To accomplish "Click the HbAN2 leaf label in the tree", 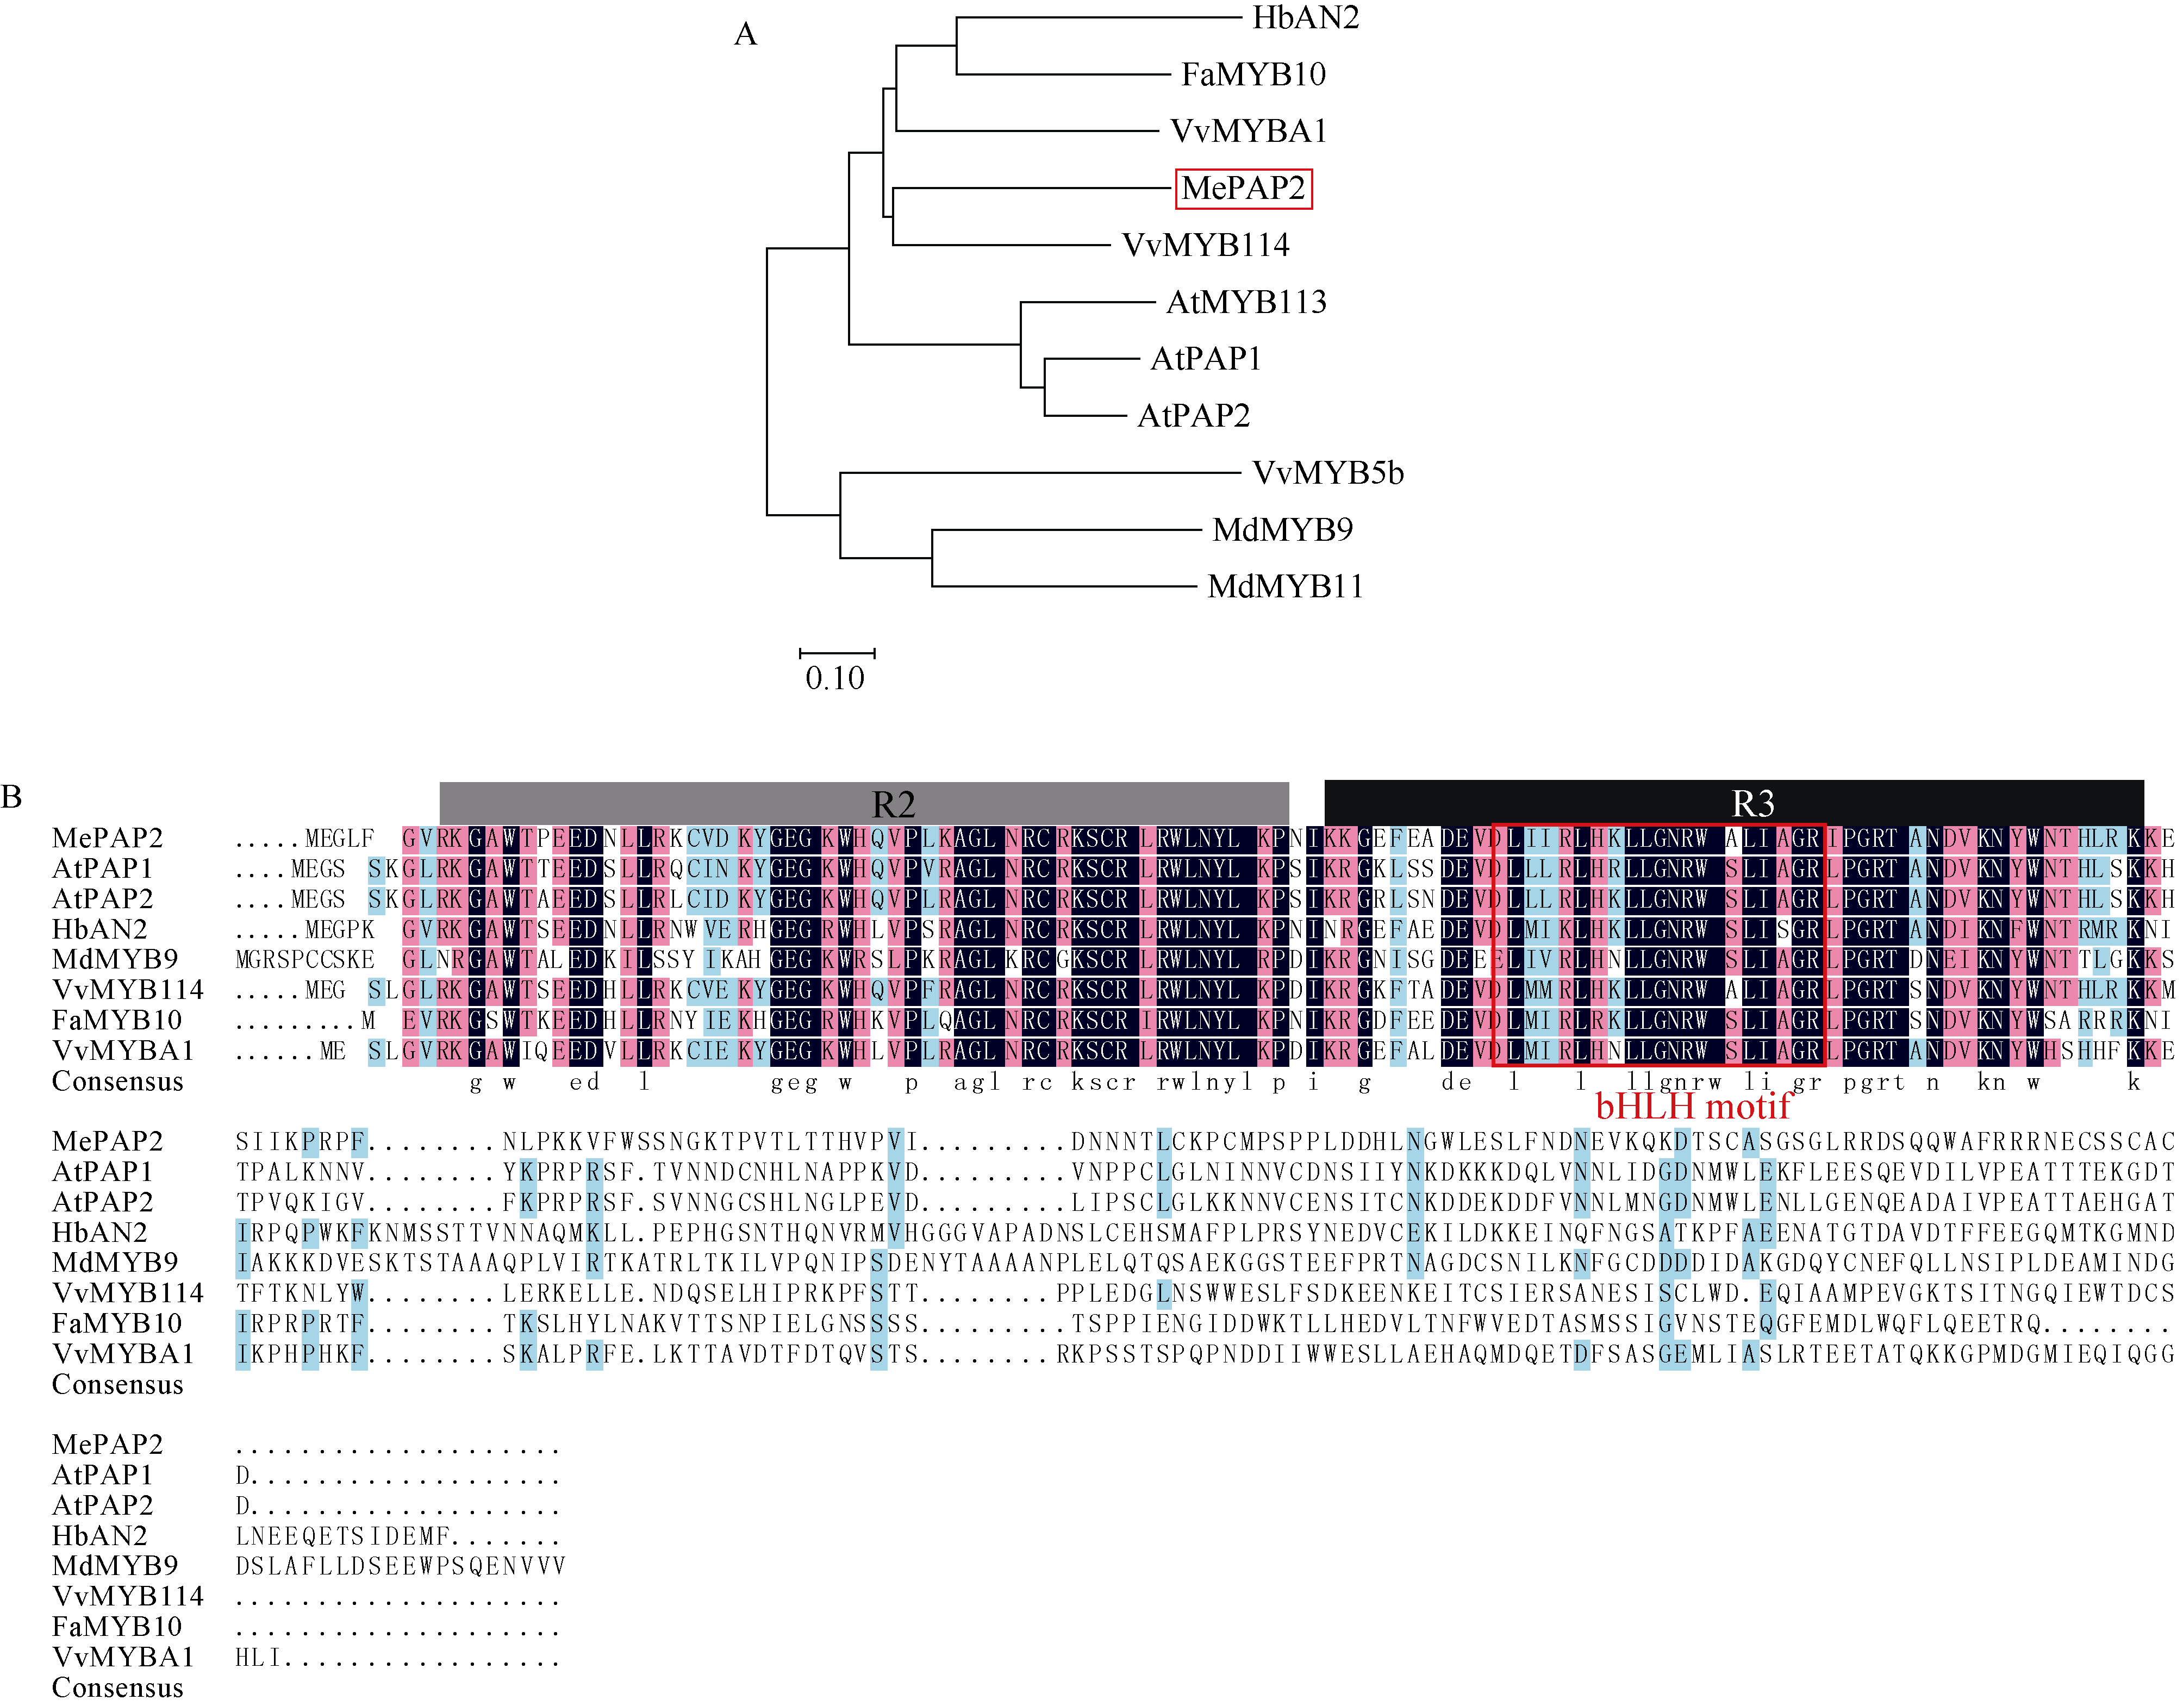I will tap(1306, 18).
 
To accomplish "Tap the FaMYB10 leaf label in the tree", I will tap(1253, 74).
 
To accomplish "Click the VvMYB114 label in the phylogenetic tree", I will tap(1206, 245).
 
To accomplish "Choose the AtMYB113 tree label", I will tap(1245, 302).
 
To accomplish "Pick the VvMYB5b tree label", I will tap(1327, 473).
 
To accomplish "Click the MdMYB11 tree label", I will tap(1286, 586).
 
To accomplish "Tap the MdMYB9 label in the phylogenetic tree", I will tap(1282, 530).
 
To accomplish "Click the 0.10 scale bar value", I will tap(834, 679).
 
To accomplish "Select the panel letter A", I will tap(746, 35).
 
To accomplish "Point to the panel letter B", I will tap(12, 797).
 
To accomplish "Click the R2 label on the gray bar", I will tap(893, 803).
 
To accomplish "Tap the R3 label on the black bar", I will tap(1752, 803).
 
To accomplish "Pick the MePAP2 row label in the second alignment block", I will tap(107, 1141).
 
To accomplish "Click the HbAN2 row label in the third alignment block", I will tap(99, 1535).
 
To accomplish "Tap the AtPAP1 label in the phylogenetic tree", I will tap(1206, 359).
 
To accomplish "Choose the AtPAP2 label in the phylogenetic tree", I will tap(1194, 416).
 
